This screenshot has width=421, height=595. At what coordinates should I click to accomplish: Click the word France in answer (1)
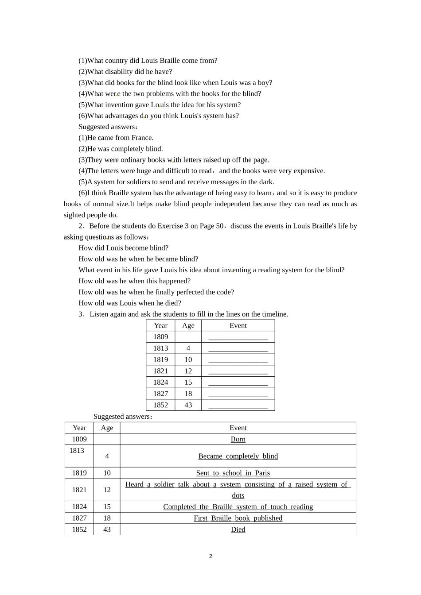pos(142,138)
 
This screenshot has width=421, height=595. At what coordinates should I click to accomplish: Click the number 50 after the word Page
pos(220,226)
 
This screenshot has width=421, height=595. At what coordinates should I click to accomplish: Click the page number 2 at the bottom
pos(210,556)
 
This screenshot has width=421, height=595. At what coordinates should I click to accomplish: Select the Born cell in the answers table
pos(238,439)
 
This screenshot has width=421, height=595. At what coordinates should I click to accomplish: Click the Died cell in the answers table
pos(238,529)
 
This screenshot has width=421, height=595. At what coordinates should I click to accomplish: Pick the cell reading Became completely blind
pos(238,456)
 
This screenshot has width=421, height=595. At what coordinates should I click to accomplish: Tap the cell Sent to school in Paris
pos(233,473)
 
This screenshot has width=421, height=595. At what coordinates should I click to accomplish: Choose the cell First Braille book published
pos(238,518)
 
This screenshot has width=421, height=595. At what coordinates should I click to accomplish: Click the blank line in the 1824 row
pos(238,382)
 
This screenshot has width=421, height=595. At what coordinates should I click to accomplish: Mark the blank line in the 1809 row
pos(238,337)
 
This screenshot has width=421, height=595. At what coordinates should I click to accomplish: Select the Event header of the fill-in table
pos(238,325)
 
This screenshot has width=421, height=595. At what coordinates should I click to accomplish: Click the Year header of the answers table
pos(79,428)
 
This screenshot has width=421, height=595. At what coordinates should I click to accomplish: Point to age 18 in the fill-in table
pos(188,394)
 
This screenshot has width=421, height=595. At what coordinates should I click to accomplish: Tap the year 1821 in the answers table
pos(79,490)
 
